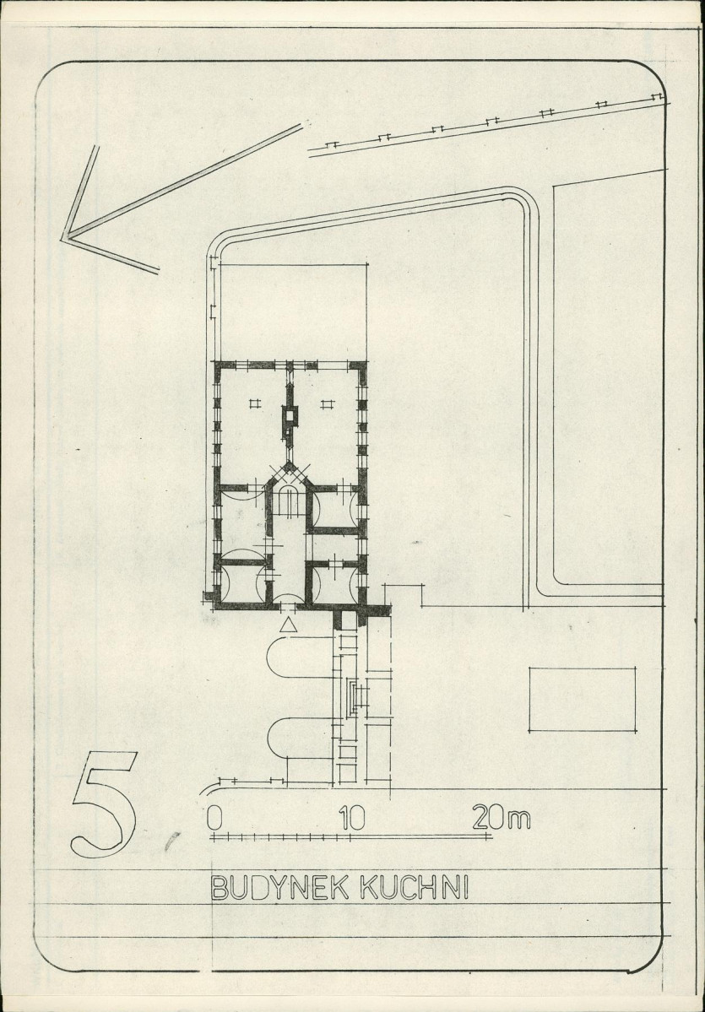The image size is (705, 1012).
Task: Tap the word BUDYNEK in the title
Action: [x=280, y=888]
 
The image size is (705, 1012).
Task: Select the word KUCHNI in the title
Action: [x=415, y=888]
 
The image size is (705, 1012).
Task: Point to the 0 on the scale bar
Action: [x=214, y=818]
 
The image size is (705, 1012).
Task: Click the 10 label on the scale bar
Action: [x=353, y=818]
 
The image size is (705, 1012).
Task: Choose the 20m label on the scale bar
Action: [x=501, y=818]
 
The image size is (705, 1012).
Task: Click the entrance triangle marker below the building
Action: [x=289, y=624]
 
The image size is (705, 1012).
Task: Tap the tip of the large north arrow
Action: [x=63, y=238]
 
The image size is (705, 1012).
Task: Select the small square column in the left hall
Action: [x=254, y=403]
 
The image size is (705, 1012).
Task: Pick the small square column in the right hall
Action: [x=328, y=404]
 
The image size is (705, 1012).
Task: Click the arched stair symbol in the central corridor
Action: [x=289, y=501]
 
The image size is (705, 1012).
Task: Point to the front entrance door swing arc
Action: [x=289, y=597]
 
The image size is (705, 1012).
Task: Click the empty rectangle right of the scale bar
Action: [x=582, y=699]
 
